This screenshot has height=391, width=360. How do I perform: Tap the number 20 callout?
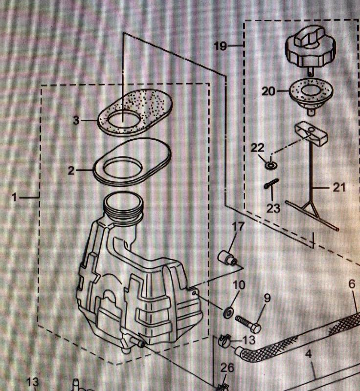click(269, 91)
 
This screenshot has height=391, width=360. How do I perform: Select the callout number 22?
click(258, 148)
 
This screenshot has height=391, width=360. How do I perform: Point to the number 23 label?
click(273, 209)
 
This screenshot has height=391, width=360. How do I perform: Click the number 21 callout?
click(339, 187)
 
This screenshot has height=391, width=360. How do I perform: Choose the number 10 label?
click(239, 285)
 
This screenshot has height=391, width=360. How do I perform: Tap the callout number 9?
click(267, 298)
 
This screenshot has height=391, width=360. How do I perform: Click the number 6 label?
click(352, 284)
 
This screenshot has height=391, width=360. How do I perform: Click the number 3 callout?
click(76, 120)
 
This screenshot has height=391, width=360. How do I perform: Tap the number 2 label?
click(71, 171)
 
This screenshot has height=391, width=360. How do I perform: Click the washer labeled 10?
click(228, 312)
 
